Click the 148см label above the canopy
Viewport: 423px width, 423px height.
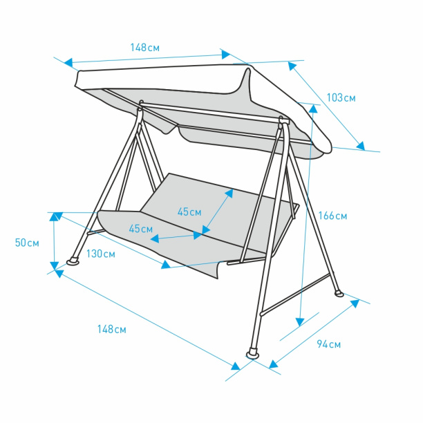pyautogui.click(x=145, y=48)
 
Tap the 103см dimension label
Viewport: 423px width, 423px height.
pyautogui.click(x=341, y=97)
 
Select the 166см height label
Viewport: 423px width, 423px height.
pyautogui.click(x=332, y=216)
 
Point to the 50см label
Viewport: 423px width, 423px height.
pyautogui.click(x=27, y=243)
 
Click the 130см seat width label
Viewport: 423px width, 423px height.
pyautogui.click(x=101, y=254)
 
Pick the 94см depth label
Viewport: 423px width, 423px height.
pyautogui.click(x=328, y=344)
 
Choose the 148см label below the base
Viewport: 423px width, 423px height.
pyautogui.click(x=112, y=330)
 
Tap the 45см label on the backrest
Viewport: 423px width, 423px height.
pyautogui.click(x=189, y=212)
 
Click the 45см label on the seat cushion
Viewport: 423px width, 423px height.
pyautogui.click(x=140, y=229)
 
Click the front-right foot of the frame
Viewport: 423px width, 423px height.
pyautogui.click(x=253, y=354)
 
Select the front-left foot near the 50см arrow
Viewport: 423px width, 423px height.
pyautogui.click(x=73, y=261)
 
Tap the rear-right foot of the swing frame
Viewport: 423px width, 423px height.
pyautogui.click(x=339, y=293)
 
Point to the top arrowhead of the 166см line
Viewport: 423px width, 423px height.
pyautogui.click(x=313, y=109)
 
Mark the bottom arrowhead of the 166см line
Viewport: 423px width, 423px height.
pyautogui.click(x=300, y=322)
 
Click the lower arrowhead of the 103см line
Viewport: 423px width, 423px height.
pyautogui.click(x=360, y=146)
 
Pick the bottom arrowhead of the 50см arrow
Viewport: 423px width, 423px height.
pyautogui.click(x=54, y=265)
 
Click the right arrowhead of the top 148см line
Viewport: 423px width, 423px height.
pyautogui.click(x=226, y=55)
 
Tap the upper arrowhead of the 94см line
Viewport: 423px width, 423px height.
pyautogui.click(x=355, y=303)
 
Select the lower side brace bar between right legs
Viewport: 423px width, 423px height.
pyautogui.click(x=295, y=294)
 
